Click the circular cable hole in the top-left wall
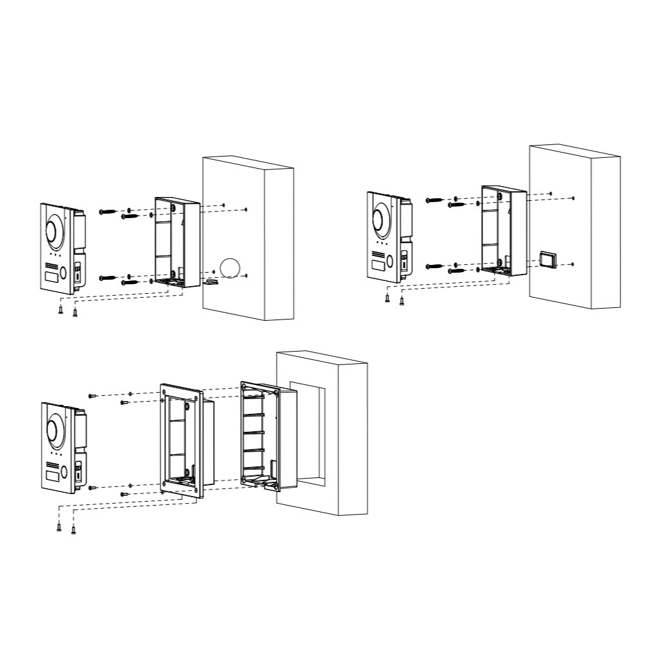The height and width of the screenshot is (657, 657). click(x=229, y=267)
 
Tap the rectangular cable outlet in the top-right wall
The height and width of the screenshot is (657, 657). click(x=548, y=259)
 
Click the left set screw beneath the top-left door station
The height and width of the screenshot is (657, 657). click(x=60, y=309)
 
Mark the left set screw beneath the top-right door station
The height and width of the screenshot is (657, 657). click(x=387, y=297)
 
